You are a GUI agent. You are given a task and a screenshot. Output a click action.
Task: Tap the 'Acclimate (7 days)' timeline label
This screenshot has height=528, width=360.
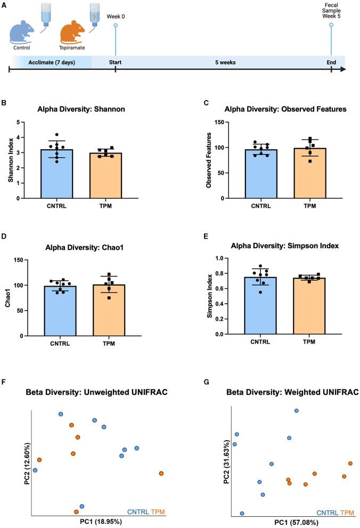pyautogui.click(x=53, y=62)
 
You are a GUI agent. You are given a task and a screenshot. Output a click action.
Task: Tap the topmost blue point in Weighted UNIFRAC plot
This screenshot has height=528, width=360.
pyautogui.click(x=297, y=411)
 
